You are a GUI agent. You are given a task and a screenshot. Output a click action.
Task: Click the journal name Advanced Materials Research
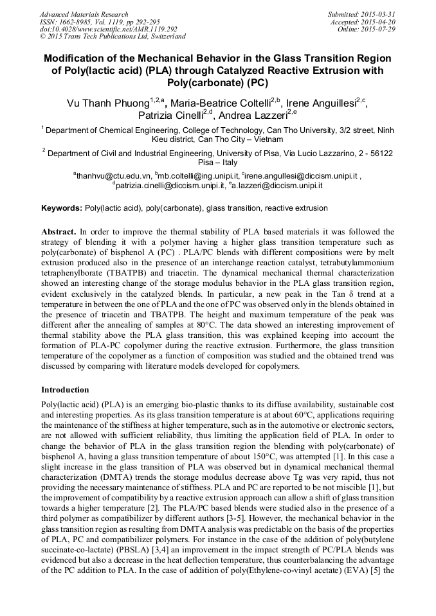pyautogui.click(x=84, y=14)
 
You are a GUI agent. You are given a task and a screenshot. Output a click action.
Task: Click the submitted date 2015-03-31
pyautogui.click(x=379, y=14)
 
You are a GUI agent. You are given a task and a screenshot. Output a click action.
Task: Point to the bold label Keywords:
pyautogui.click(x=62, y=208)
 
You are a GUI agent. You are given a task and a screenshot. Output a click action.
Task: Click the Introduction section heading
pyautogui.click(x=65, y=390)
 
